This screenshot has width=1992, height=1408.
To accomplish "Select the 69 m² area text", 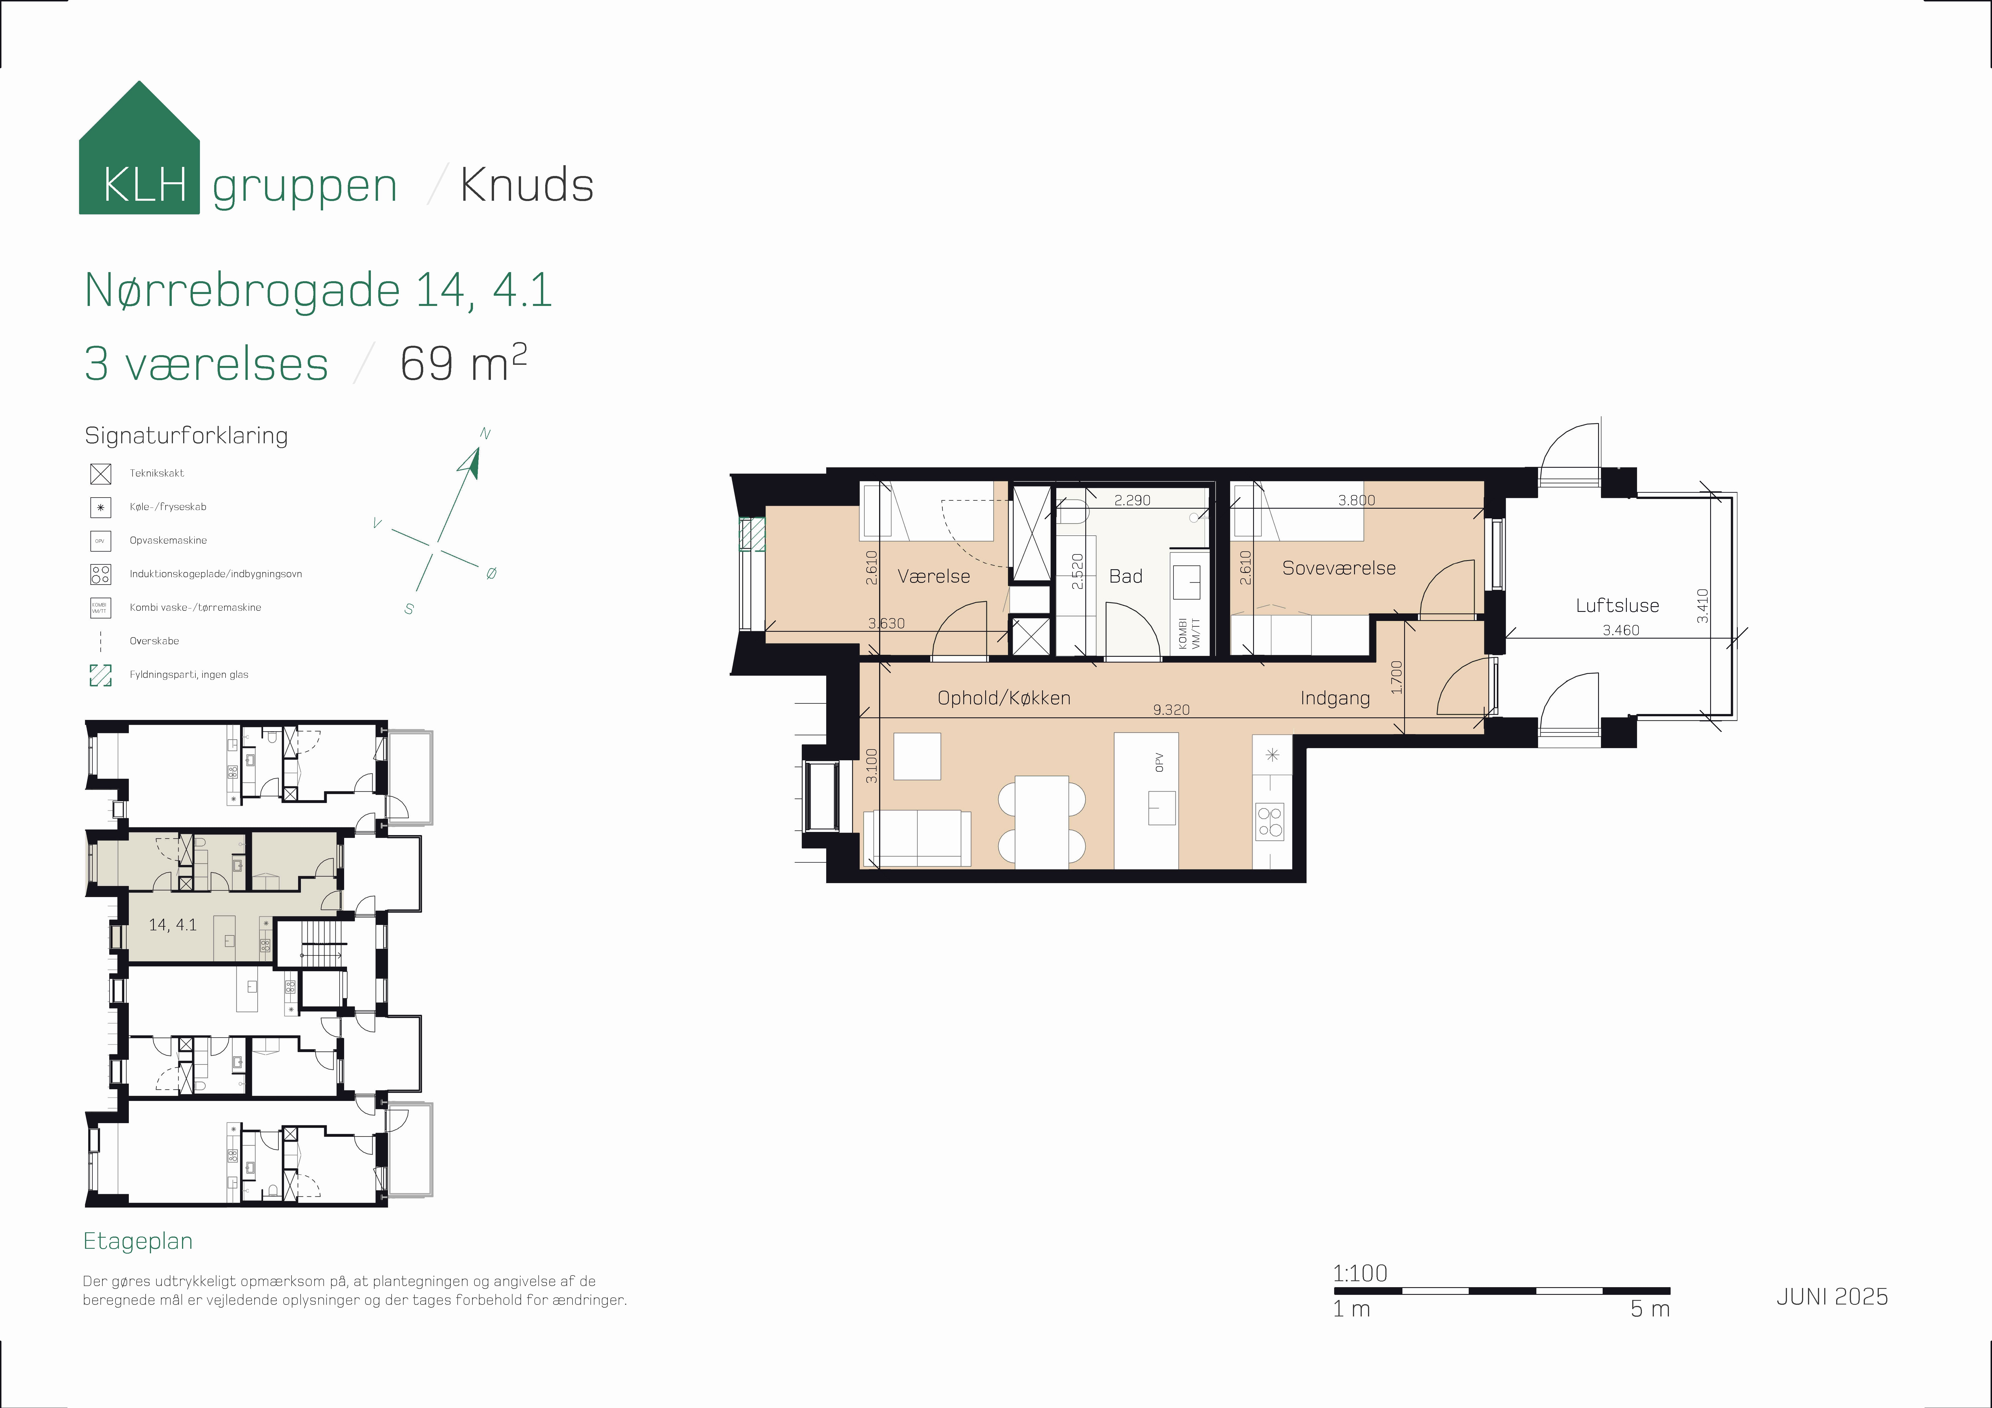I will (462, 363).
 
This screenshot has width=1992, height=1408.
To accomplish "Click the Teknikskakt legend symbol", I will (101, 474).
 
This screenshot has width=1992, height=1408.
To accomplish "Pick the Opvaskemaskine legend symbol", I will (101, 541).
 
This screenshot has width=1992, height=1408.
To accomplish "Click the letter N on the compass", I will (485, 434).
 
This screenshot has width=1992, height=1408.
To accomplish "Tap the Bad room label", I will (1125, 576).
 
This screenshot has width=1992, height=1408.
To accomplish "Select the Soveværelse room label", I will (1339, 568).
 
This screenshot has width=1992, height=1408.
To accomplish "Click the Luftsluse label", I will (1617, 606).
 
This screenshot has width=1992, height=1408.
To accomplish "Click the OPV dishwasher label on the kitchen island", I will (1159, 763).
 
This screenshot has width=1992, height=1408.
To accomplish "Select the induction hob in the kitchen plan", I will (1270, 821).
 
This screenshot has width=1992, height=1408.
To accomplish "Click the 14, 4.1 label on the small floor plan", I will (173, 925).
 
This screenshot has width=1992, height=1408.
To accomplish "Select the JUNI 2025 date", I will (1832, 1296).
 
